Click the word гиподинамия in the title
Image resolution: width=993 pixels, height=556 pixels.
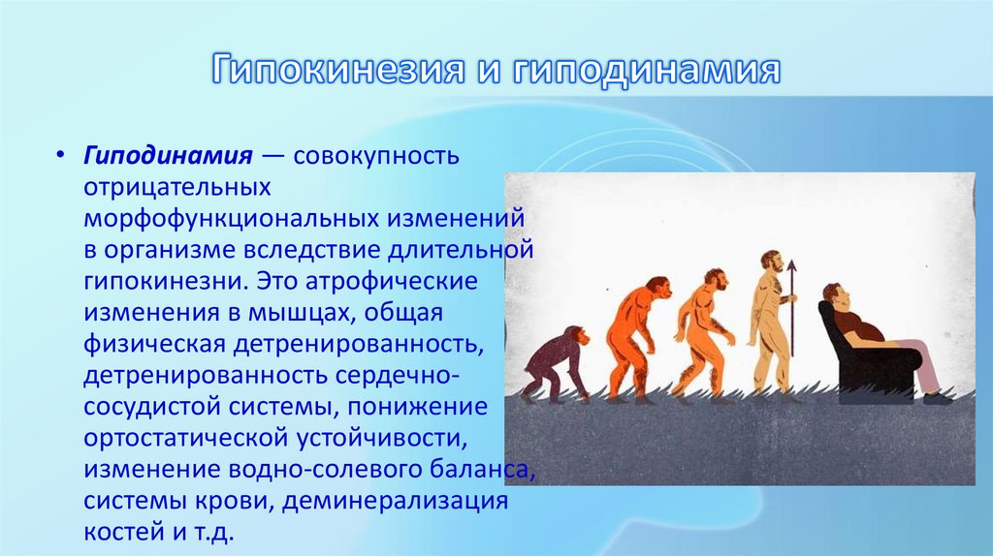(647, 72)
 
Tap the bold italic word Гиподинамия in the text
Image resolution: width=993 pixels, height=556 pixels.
(168, 156)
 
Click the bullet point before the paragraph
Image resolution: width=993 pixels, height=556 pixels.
(60, 157)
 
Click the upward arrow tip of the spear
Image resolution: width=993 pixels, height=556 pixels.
(791, 265)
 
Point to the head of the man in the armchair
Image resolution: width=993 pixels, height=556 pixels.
(833, 294)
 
